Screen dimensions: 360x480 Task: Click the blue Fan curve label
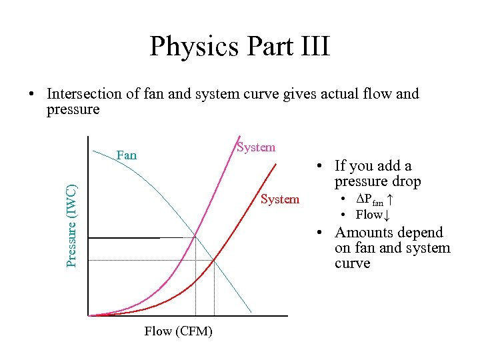[x=127, y=155]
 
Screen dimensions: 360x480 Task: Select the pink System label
[x=256, y=147]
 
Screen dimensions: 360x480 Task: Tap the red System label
[x=280, y=199]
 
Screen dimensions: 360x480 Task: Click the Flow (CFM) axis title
[x=179, y=331]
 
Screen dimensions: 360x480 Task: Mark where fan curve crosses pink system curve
[x=195, y=237]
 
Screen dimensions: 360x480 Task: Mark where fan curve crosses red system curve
[x=214, y=259]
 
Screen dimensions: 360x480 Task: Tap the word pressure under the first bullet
[x=73, y=109]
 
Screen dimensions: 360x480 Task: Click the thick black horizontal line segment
[x=125, y=237]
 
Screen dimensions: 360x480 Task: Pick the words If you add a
[x=373, y=166]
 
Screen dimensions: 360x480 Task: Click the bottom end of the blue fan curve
[x=251, y=312]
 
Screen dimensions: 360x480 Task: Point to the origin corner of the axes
[x=89, y=315]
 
